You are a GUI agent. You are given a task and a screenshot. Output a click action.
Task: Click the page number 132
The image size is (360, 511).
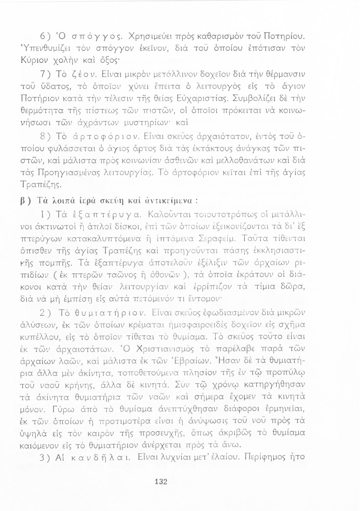coord(160,481)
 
